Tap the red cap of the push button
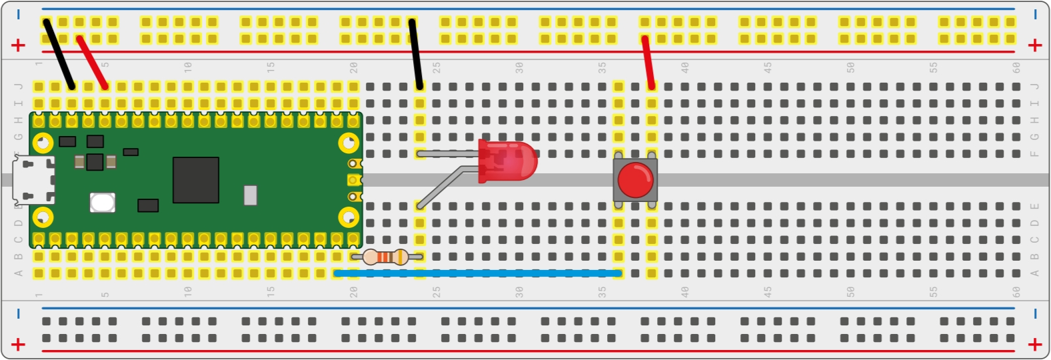(x=635, y=180)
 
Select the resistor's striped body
(x=385, y=257)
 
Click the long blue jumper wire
(x=478, y=273)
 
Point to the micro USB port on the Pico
(x=33, y=180)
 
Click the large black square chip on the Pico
(x=196, y=180)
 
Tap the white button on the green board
(x=102, y=203)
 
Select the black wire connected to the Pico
(x=59, y=54)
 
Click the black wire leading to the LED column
(x=416, y=53)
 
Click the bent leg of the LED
(x=446, y=185)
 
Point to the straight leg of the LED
(x=448, y=153)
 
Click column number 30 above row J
(x=519, y=67)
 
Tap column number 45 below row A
(x=768, y=292)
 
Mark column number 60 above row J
(x=1016, y=67)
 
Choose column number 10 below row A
(x=188, y=292)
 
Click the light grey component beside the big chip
(x=251, y=195)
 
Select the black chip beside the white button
(x=148, y=205)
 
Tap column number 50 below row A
(x=850, y=292)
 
